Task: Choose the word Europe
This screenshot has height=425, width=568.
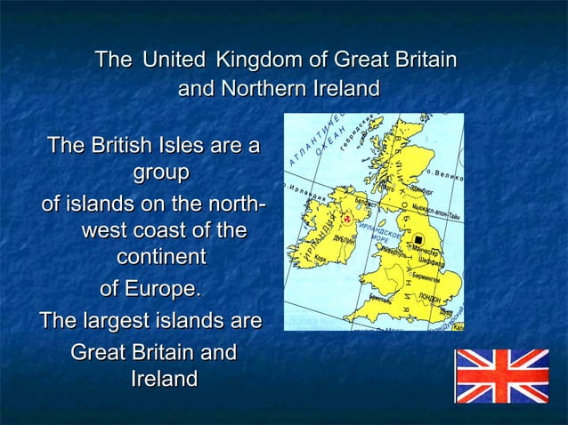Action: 160,289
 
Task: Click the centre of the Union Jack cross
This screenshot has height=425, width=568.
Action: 503,375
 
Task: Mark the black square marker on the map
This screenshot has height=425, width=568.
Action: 418,239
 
